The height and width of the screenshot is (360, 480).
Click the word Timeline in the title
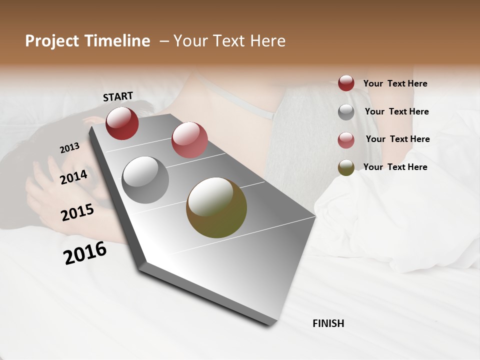coord(114,41)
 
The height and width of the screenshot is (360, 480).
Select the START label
coord(118,96)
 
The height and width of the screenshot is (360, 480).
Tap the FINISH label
coord(328,323)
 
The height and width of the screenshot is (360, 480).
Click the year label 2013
coord(69,148)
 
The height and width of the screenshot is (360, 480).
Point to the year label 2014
coord(73,177)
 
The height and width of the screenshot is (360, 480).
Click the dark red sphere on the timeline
coord(122,123)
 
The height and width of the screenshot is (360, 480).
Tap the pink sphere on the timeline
coord(189,140)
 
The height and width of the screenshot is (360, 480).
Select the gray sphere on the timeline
coord(145,180)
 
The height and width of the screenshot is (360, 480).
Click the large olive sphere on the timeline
coord(216,207)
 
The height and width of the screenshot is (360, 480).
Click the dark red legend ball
coord(346,83)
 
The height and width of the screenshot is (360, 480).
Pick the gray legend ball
coord(346,112)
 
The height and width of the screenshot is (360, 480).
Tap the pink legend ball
coord(346,140)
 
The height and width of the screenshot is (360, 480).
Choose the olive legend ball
coord(346,167)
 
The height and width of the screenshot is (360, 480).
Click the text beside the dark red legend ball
coord(395,84)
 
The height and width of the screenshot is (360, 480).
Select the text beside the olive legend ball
coord(395,167)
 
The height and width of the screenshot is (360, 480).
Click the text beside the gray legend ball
coord(396,111)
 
